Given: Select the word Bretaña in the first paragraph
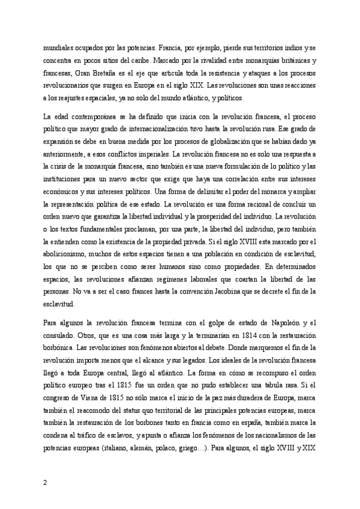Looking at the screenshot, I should tap(92, 73).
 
